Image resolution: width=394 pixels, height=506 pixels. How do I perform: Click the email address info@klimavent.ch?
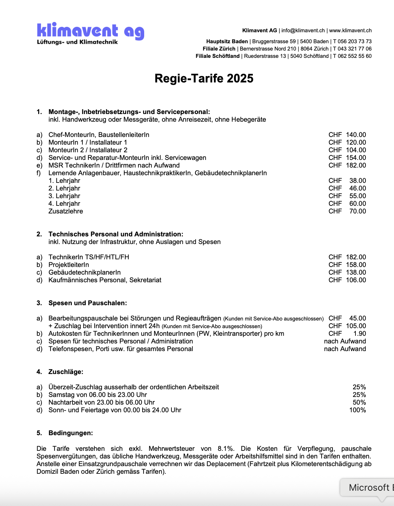point(303,31)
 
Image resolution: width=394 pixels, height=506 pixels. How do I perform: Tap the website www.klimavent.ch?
point(350,31)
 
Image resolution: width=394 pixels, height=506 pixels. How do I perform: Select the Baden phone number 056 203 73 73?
point(354,42)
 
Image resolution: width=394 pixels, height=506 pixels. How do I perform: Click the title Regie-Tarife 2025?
point(204,78)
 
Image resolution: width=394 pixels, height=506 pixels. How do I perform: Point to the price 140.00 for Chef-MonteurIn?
point(356,135)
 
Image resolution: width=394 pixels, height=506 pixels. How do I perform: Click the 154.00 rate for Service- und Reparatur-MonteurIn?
point(356,158)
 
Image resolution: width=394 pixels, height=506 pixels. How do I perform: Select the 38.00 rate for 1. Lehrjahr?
point(357,181)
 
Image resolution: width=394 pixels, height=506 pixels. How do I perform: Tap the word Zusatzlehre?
point(66,211)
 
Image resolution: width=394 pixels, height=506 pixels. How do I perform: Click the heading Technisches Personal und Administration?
point(116,234)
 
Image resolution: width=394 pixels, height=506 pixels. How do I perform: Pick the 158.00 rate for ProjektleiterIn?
point(356,265)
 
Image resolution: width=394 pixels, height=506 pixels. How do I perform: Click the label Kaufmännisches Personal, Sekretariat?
point(105,280)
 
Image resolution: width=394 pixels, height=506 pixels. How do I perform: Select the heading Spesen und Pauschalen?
point(88,303)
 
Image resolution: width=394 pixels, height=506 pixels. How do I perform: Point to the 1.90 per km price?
point(359,333)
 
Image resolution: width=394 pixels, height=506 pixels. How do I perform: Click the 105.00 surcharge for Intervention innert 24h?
point(356,326)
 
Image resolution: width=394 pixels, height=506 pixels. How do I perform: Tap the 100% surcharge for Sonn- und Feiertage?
point(357,410)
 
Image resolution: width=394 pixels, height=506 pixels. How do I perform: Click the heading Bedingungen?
point(70,433)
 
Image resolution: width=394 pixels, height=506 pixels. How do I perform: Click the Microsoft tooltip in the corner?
point(369,487)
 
